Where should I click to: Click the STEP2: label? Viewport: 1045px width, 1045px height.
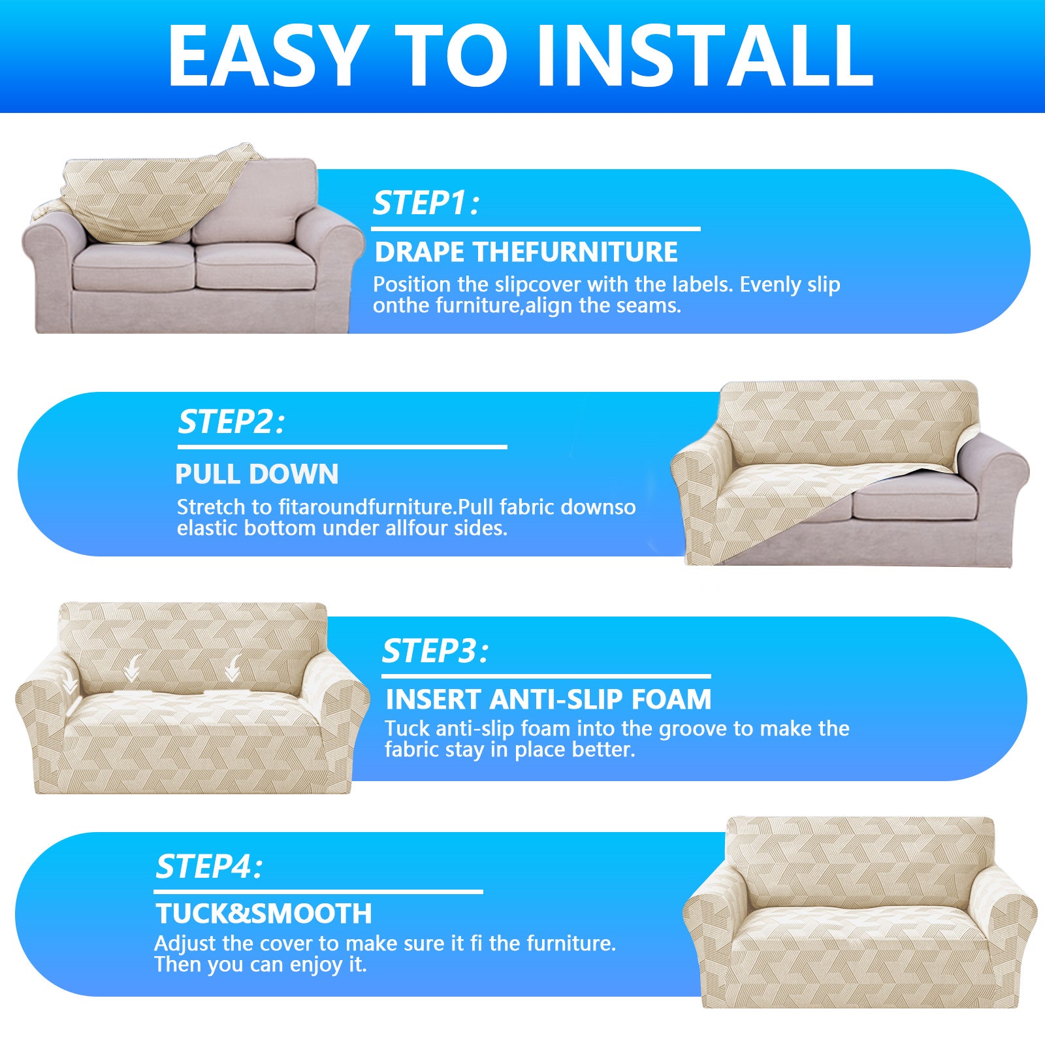pyautogui.click(x=231, y=422)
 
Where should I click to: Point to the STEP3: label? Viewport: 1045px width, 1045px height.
pyautogui.click(x=435, y=651)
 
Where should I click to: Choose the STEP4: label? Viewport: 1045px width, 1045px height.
pyautogui.click(x=208, y=867)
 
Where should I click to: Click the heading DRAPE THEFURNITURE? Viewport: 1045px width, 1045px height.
pyautogui.click(x=526, y=252)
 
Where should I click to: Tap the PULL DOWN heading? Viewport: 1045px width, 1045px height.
pyautogui.click(x=257, y=474)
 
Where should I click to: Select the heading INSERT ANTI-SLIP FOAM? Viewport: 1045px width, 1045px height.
pyautogui.click(x=548, y=699)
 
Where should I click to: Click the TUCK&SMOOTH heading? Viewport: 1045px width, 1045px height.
pyautogui.click(x=263, y=914)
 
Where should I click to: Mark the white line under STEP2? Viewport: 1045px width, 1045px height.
pyautogui.click(x=342, y=447)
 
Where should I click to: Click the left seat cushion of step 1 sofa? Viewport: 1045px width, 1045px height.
pyautogui.click(x=133, y=266)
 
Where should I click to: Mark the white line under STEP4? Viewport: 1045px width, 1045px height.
pyautogui.click(x=318, y=892)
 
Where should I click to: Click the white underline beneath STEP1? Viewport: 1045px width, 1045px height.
pyautogui.click(x=536, y=229)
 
